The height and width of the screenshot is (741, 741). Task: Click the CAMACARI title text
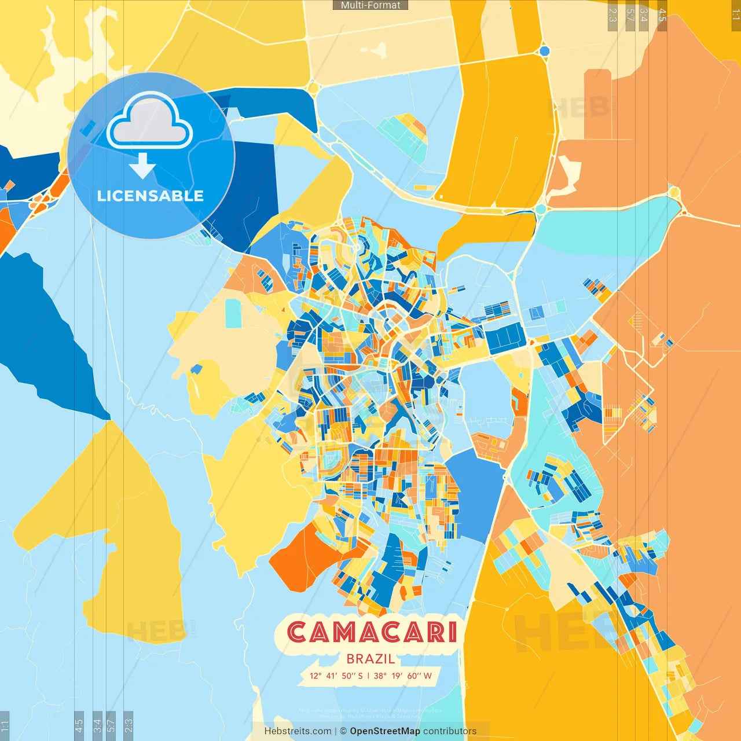(372, 632)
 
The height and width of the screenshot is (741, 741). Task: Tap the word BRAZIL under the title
(370, 659)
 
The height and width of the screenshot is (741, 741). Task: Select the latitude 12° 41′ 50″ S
(336, 676)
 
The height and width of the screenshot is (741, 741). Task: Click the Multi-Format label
(370, 5)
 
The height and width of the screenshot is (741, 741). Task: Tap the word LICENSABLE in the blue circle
(151, 196)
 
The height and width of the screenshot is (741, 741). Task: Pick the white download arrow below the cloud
(142, 166)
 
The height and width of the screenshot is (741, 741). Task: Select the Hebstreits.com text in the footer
(298, 731)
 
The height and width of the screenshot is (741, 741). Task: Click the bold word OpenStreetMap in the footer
(385, 731)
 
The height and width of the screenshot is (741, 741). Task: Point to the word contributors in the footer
(450, 731)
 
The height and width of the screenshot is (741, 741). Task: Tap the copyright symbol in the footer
(343, 731)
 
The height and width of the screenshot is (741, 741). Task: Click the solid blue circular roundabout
(544, 51)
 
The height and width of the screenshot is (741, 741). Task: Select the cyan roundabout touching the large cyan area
(541, 208)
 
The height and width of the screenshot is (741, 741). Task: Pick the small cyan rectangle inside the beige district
(233, 313)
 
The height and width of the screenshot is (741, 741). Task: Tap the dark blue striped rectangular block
(505, 338)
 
